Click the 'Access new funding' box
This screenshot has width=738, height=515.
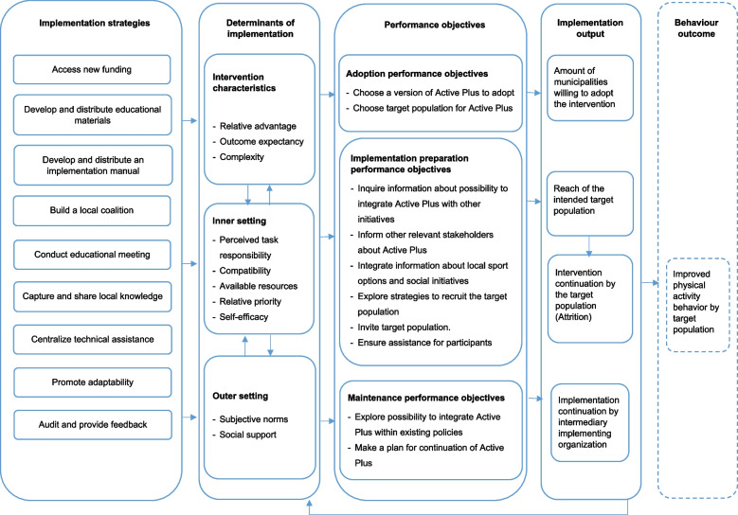[x=92, y=70]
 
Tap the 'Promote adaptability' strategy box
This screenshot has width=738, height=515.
[x=92, y=382]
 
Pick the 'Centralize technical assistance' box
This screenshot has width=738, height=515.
[x=92, y=339]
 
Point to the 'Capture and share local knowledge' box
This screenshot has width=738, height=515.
[x=92, y=296]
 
